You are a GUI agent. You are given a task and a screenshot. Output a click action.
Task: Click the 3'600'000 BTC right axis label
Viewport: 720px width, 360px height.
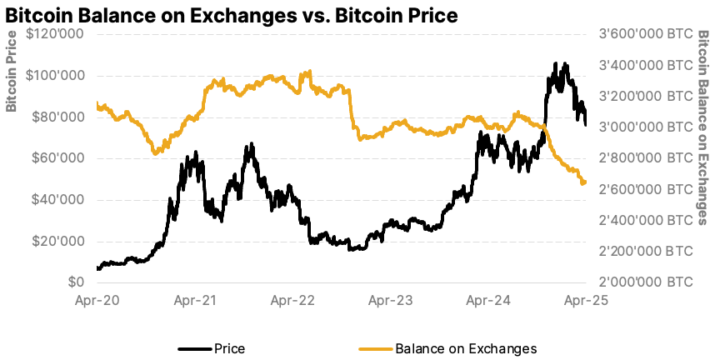point(646,34)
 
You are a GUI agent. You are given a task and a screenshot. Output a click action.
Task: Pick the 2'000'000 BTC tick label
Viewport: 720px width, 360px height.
point(646,282)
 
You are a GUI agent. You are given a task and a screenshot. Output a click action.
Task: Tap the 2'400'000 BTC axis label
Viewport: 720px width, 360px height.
point(646,220)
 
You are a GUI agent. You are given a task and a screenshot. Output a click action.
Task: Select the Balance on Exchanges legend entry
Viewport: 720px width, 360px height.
point(465,348)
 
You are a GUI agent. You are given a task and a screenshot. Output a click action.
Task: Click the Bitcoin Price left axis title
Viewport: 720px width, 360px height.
point(12,71)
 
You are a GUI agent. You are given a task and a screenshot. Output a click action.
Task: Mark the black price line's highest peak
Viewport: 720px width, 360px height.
point(555,63)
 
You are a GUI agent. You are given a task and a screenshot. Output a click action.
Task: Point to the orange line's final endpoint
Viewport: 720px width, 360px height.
point(585,182)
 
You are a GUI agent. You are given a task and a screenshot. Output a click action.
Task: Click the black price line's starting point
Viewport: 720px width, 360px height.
point(97,268)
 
